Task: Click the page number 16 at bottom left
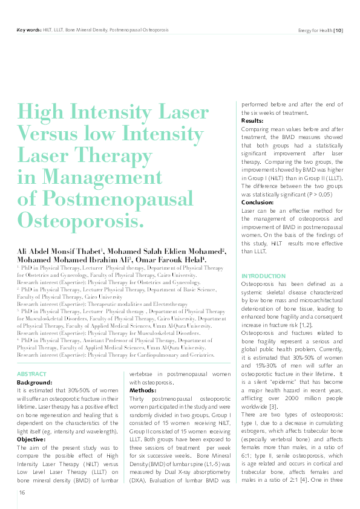tap(21, 493)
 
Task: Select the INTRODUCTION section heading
tap(263, 276)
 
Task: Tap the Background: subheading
tap(36, 383)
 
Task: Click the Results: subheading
tap(252, 121)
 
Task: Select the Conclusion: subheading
tap(258, 202)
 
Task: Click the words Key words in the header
tap(28, 30)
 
